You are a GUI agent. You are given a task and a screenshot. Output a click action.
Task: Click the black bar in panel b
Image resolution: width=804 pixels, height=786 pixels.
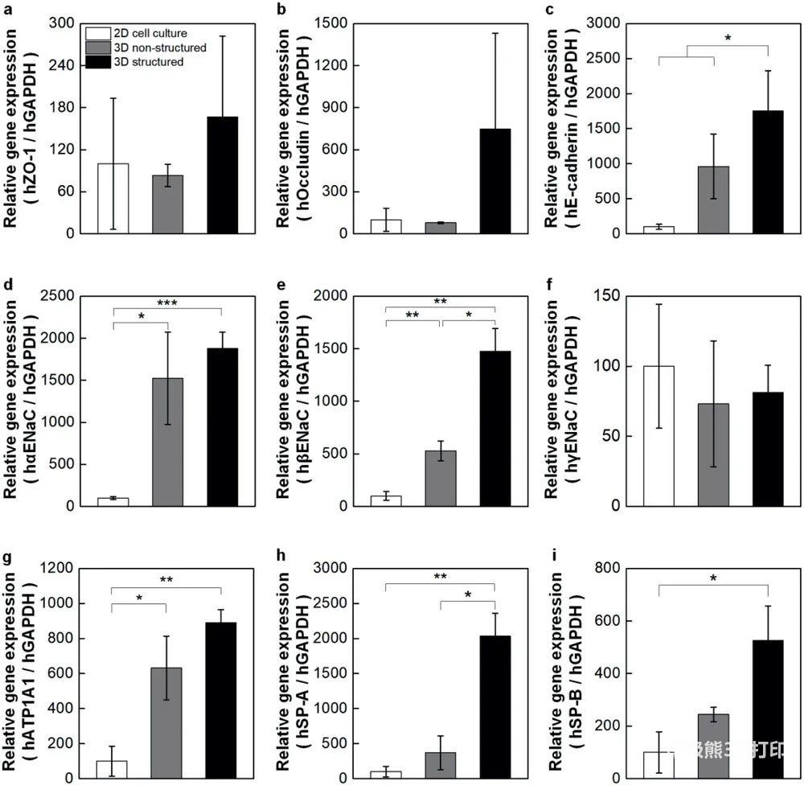pyautogui.click(x=495, y=181)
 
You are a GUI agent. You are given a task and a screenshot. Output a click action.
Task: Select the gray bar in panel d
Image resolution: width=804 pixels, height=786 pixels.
pyautogui.click(x=167, y=442)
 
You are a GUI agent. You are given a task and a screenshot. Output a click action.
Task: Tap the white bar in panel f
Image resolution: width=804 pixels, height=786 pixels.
pyautogui.click(x=658, y=435)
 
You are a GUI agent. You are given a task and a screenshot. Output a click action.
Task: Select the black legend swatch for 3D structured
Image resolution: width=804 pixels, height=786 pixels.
pyautogui.click(x=100, y=61)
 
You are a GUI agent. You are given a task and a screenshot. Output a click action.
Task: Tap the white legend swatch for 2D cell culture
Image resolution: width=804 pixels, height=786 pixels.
pyautogui.click(x=100, y=34)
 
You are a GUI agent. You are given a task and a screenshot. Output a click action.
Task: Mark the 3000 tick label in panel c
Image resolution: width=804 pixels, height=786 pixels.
pyautogui.click(x=609, y=24)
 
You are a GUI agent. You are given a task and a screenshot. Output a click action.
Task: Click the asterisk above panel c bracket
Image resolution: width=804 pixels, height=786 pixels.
pyautogui.click(x=728, y=38)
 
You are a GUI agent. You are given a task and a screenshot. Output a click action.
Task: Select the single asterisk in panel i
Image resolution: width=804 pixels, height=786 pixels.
pyautogui.click(x=713, y=578)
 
